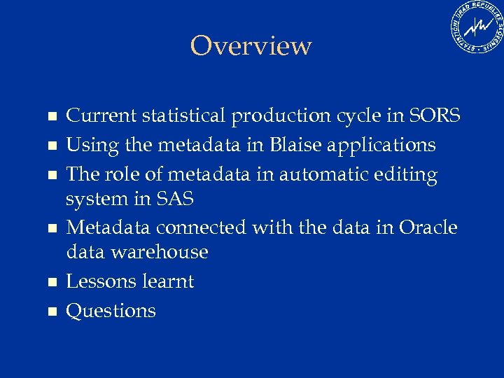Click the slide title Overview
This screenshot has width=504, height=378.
[251, 46]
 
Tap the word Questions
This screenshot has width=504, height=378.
[111, 311]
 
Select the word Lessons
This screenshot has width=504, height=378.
[101, 281]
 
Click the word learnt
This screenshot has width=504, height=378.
[168, 281]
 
